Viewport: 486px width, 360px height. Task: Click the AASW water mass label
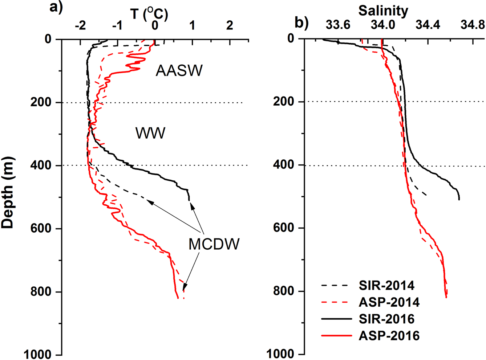[x=179, y=71]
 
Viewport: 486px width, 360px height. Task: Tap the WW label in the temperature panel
[x=150, y=133]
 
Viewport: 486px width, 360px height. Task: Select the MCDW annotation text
[x=214, y=244]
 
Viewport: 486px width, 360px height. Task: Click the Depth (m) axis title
[x=8, y=193]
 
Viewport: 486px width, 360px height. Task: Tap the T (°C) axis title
[x=149, y=14]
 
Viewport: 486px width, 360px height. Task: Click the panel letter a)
[x=56, y=7]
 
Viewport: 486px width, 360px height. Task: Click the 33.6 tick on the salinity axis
[x=337, y=25]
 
